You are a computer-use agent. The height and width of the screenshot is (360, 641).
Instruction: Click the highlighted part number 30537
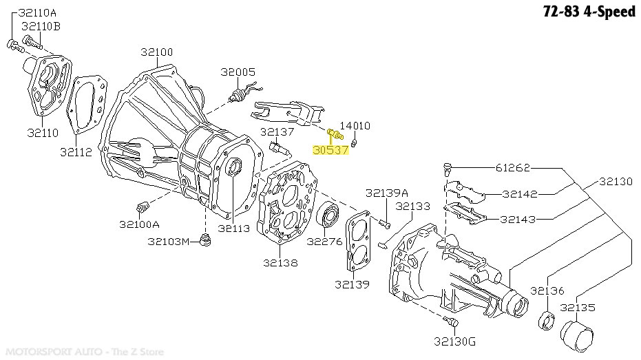coord(330,149)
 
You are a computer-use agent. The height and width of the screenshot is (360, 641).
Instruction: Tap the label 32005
coord(238,72)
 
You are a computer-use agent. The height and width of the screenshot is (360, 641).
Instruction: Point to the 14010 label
coord(355,126)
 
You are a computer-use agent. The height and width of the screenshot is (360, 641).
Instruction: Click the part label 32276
coord(324,242)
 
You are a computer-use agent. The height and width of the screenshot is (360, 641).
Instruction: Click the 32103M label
coord(168,242)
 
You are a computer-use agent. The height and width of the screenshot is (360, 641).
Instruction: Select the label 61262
coord(514,168)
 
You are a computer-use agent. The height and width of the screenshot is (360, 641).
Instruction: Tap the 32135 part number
coord(577,308)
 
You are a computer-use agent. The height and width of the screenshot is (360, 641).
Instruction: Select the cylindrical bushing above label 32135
coord(577,335)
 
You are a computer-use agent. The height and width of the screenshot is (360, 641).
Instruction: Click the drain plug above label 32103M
coord(204,240)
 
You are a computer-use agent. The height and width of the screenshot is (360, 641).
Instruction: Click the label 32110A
coord(38,12)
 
